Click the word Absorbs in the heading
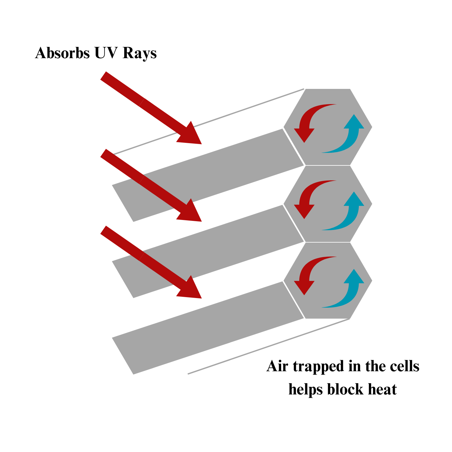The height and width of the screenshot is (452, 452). (62, 53)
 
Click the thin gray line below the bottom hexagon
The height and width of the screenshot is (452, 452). (268, 347)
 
